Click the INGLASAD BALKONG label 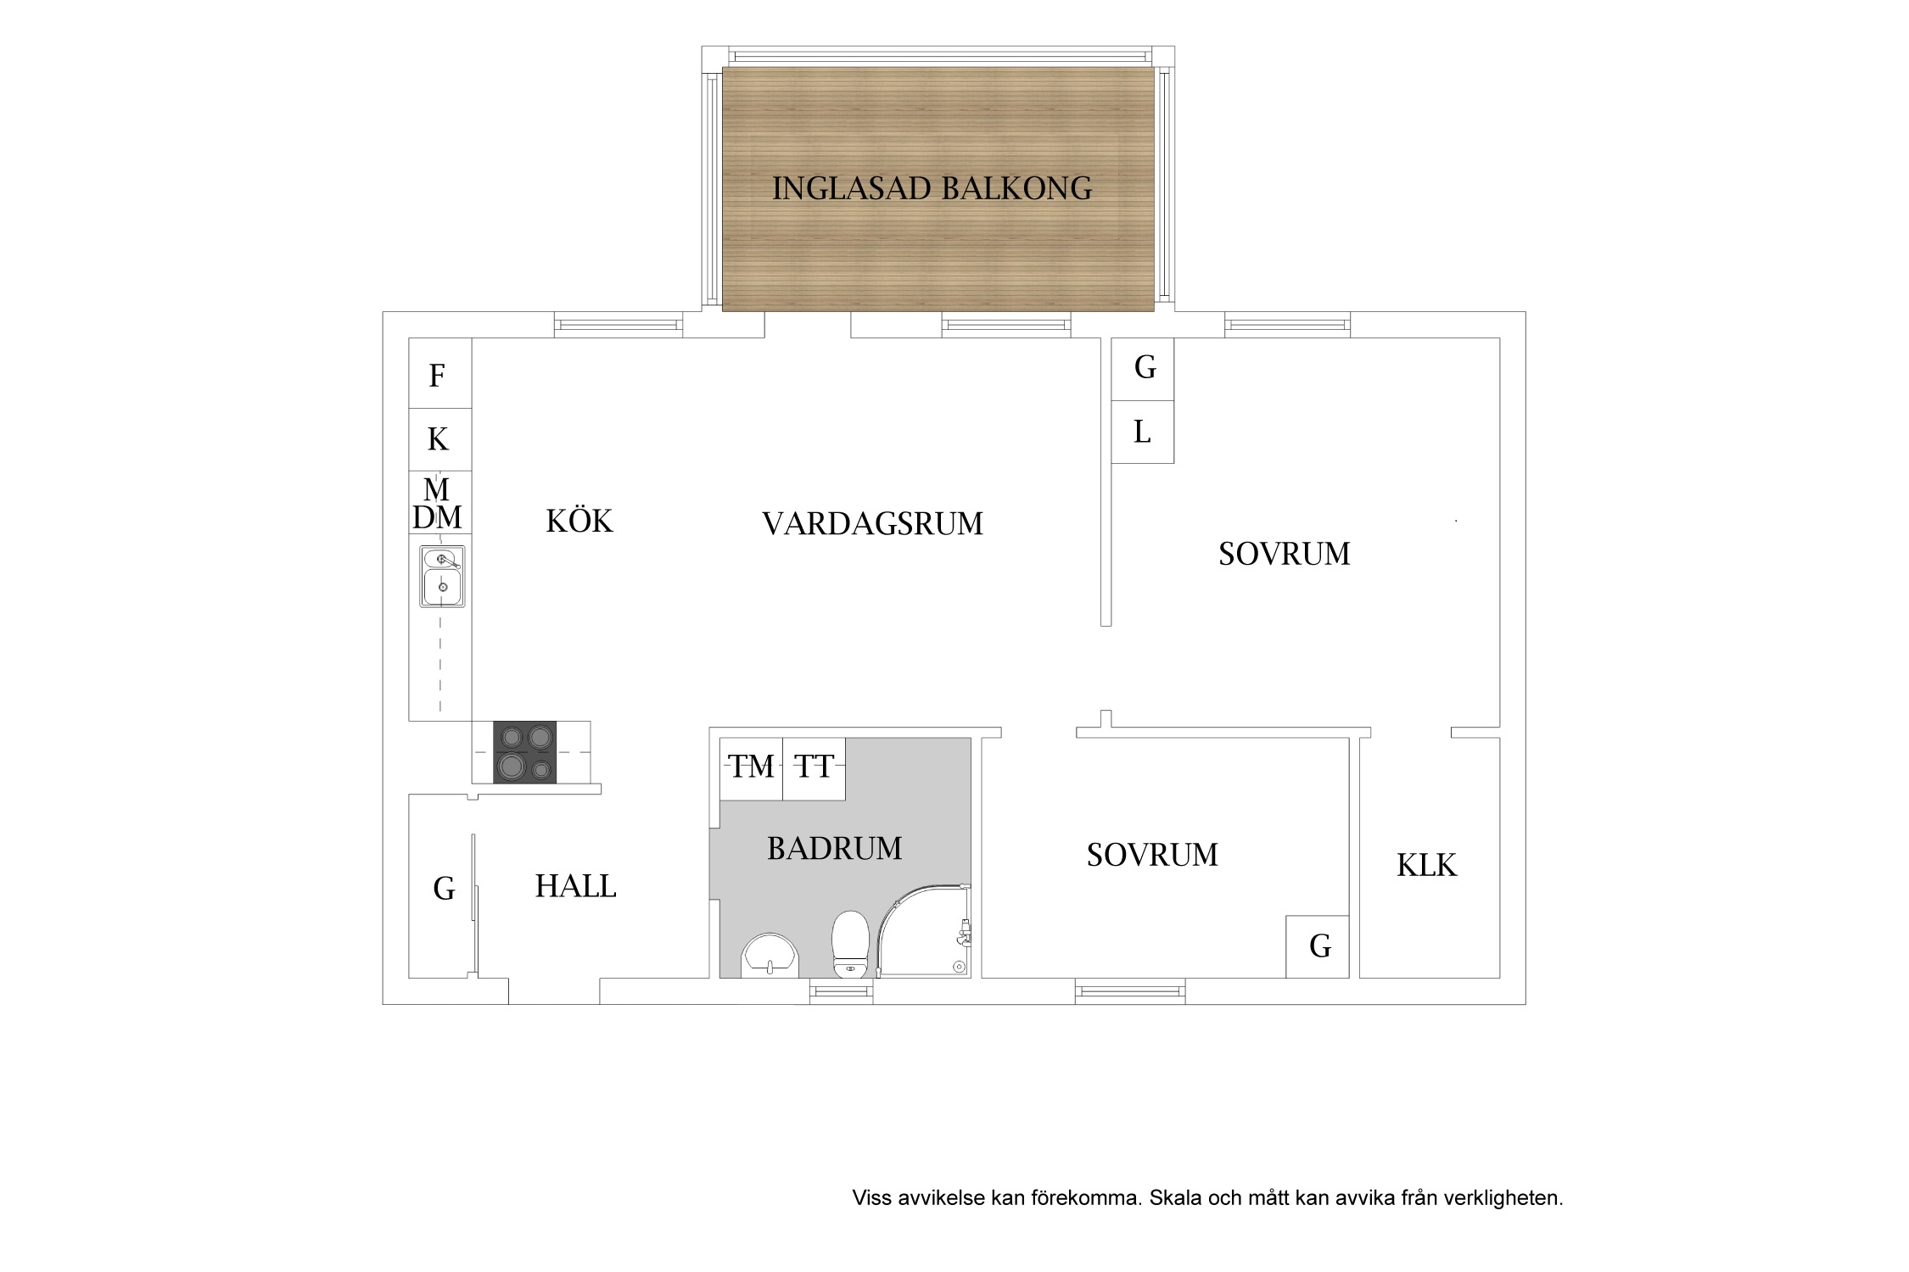pos(932,188)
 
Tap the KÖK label pos(579,520)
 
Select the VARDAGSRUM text pos(872,524)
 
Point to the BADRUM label pos(835,848)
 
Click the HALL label pos(575,886)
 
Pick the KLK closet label pos(1426,865)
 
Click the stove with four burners pos(525,752)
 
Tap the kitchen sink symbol pos(442,576)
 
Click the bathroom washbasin pos(770,956)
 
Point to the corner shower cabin pos(924,931)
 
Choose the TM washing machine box pos(751,768)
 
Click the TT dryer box pos(814,768)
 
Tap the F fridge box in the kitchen pos(439,373)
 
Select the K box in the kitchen pos(439,439)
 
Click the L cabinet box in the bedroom pos(1143,432)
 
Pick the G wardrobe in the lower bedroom pos(1318,946)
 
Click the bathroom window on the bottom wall pos(841,991)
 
